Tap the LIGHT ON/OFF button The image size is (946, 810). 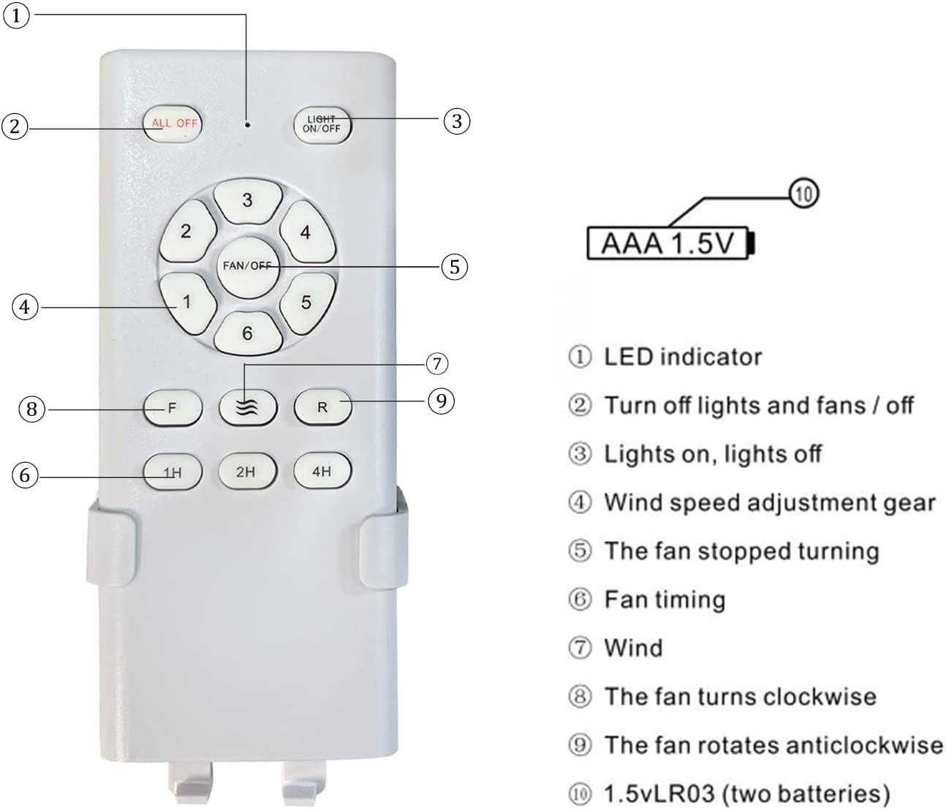tap(322, 125)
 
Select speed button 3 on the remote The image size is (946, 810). tap(248, 201)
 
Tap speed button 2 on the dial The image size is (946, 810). tap(187, 232)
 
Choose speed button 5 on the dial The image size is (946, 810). tap(307, 303)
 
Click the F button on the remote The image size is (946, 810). tap(173, 408)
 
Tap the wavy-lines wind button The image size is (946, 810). tap(248, 408)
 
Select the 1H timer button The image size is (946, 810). tap(173, 472)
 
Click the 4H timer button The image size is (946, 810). tap(322, 471)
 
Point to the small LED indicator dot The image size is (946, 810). tap(248, 124)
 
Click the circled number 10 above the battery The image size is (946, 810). tap(804, 194)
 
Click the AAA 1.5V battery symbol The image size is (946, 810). tap(671, 243)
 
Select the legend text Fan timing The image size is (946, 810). tap(665, 599)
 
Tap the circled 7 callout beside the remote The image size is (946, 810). tap(436, 364)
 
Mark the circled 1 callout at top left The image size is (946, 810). tap(16, 16)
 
